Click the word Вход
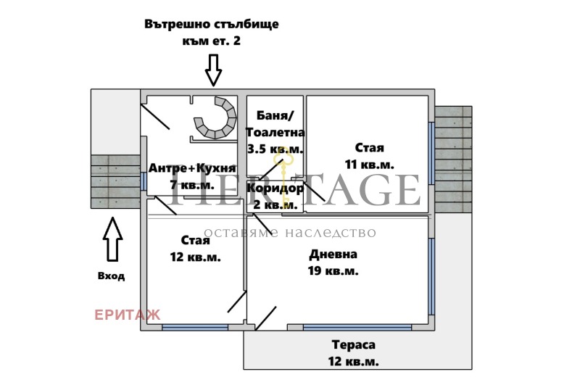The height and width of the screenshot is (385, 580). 111,276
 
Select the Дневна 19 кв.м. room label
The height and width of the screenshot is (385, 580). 333,262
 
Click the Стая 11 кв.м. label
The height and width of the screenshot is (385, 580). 370,156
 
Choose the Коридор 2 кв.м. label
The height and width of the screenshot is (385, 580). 275,196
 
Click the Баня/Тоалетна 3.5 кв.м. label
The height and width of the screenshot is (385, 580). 275,132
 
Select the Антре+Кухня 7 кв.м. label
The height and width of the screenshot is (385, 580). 191,176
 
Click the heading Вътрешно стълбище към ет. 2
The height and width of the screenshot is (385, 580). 212,33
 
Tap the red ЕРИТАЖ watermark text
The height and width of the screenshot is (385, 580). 128,315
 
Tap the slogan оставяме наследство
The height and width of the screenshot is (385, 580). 289,233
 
